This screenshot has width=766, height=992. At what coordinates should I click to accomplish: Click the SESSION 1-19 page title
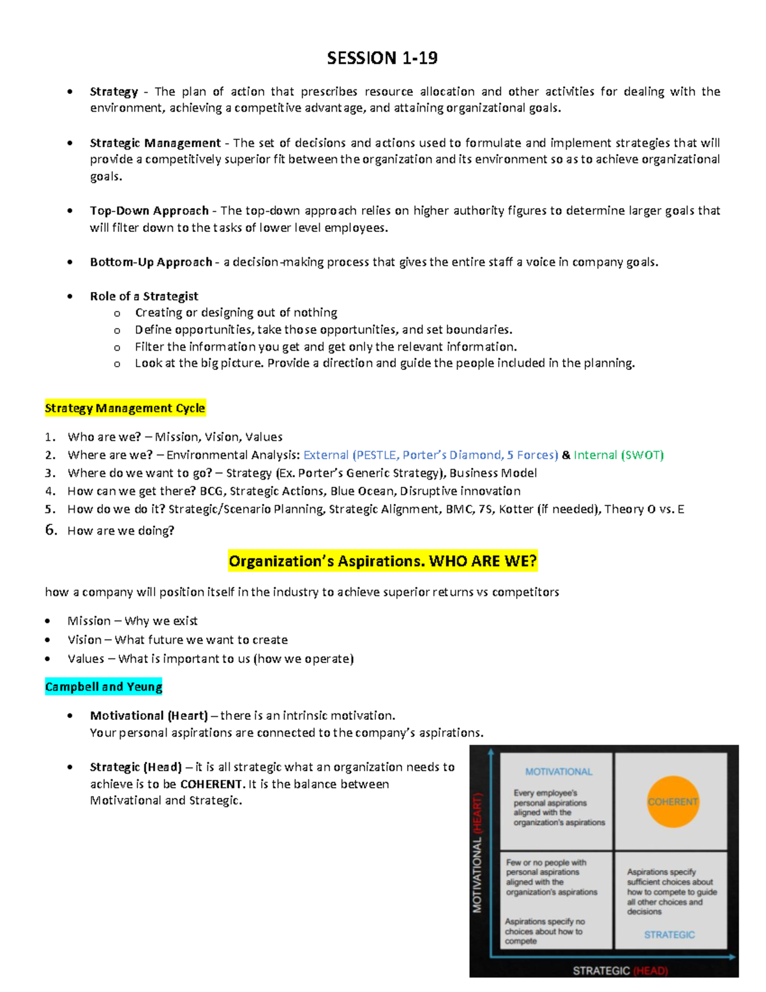[x=382, y=58]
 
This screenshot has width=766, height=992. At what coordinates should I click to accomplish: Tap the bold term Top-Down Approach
[x=149, y=211]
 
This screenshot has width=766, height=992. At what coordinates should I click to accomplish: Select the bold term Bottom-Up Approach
[x=151, y=262]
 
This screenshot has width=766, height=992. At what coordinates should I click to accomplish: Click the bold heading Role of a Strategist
[x=144, y=296]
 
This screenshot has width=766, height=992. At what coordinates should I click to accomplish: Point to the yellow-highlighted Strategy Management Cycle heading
[x=125, y=408]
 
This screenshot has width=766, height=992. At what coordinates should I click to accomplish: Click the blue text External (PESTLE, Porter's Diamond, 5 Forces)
[x=430, y=455]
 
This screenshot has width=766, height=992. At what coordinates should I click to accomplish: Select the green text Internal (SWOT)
[x=619, y=455]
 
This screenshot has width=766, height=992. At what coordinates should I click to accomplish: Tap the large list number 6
[x=51, y=530]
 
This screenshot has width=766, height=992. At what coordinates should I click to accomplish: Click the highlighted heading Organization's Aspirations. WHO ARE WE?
[x=382, y=561]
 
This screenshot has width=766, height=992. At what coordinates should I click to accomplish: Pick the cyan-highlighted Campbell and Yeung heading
[x=103, y=687]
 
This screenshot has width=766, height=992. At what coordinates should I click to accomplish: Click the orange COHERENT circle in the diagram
[x=673, y=802]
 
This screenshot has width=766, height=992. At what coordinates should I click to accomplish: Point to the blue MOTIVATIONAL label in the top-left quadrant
[x=559, y=772]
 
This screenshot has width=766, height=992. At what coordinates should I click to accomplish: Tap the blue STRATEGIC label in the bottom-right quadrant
[x=669, y=935]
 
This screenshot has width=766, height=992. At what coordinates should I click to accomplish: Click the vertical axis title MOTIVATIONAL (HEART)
[x=477, y=853]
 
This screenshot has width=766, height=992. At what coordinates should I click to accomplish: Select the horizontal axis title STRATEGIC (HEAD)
[x=620, y=971]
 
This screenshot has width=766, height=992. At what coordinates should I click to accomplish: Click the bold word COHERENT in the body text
[x=211, y=784]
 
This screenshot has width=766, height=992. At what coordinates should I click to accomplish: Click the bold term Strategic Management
[x=155, y=143]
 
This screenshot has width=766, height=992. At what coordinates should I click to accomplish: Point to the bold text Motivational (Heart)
[x=149, y=715]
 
